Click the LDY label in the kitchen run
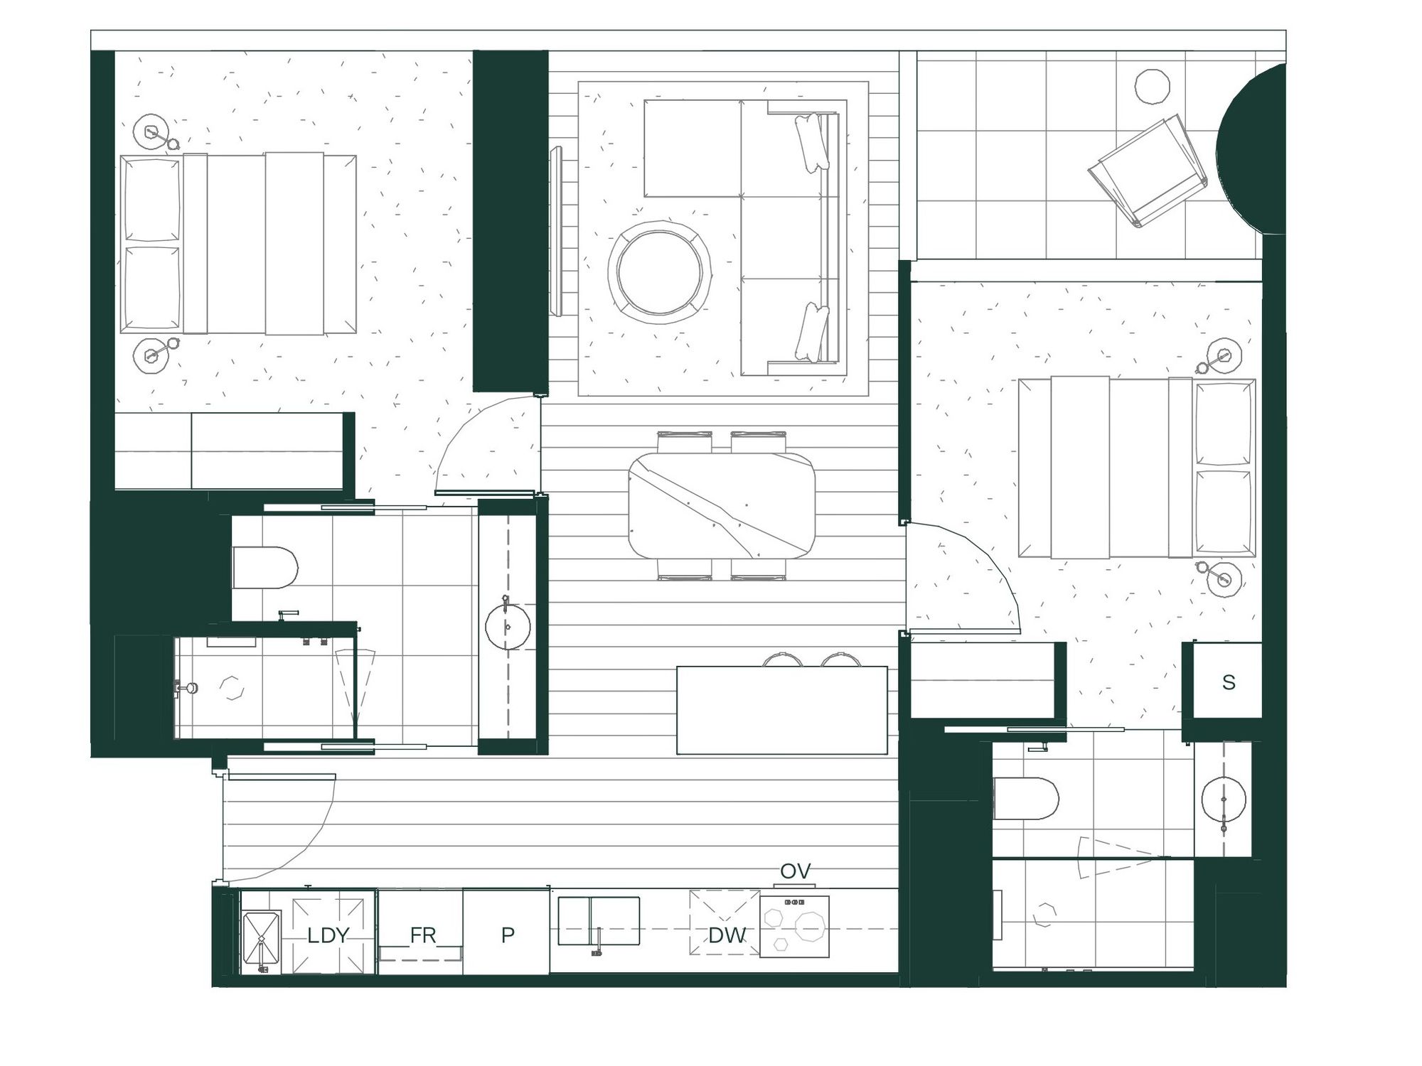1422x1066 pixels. (328, 935)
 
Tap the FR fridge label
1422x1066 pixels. (422, 935)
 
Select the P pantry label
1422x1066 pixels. (508, 935)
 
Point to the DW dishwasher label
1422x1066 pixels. (727, 935)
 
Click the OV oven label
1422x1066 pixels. (795, 871)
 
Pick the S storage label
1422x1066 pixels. (1229, 682)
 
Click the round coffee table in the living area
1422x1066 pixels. (660, 271)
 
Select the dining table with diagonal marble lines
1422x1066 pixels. (722, 505)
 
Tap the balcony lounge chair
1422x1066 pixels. (1148, 173)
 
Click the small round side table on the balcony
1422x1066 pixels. (1152, 87)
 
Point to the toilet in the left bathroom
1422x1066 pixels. (265, 567)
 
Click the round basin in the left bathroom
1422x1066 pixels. (508, 626)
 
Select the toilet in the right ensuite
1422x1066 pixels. (1026, 798)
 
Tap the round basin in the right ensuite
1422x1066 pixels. (1224, 799)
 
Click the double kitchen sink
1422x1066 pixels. (599, 921)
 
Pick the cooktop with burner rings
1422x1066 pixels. (794, 926)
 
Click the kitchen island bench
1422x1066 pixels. (782, 710)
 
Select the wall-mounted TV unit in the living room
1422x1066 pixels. (556, 231)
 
